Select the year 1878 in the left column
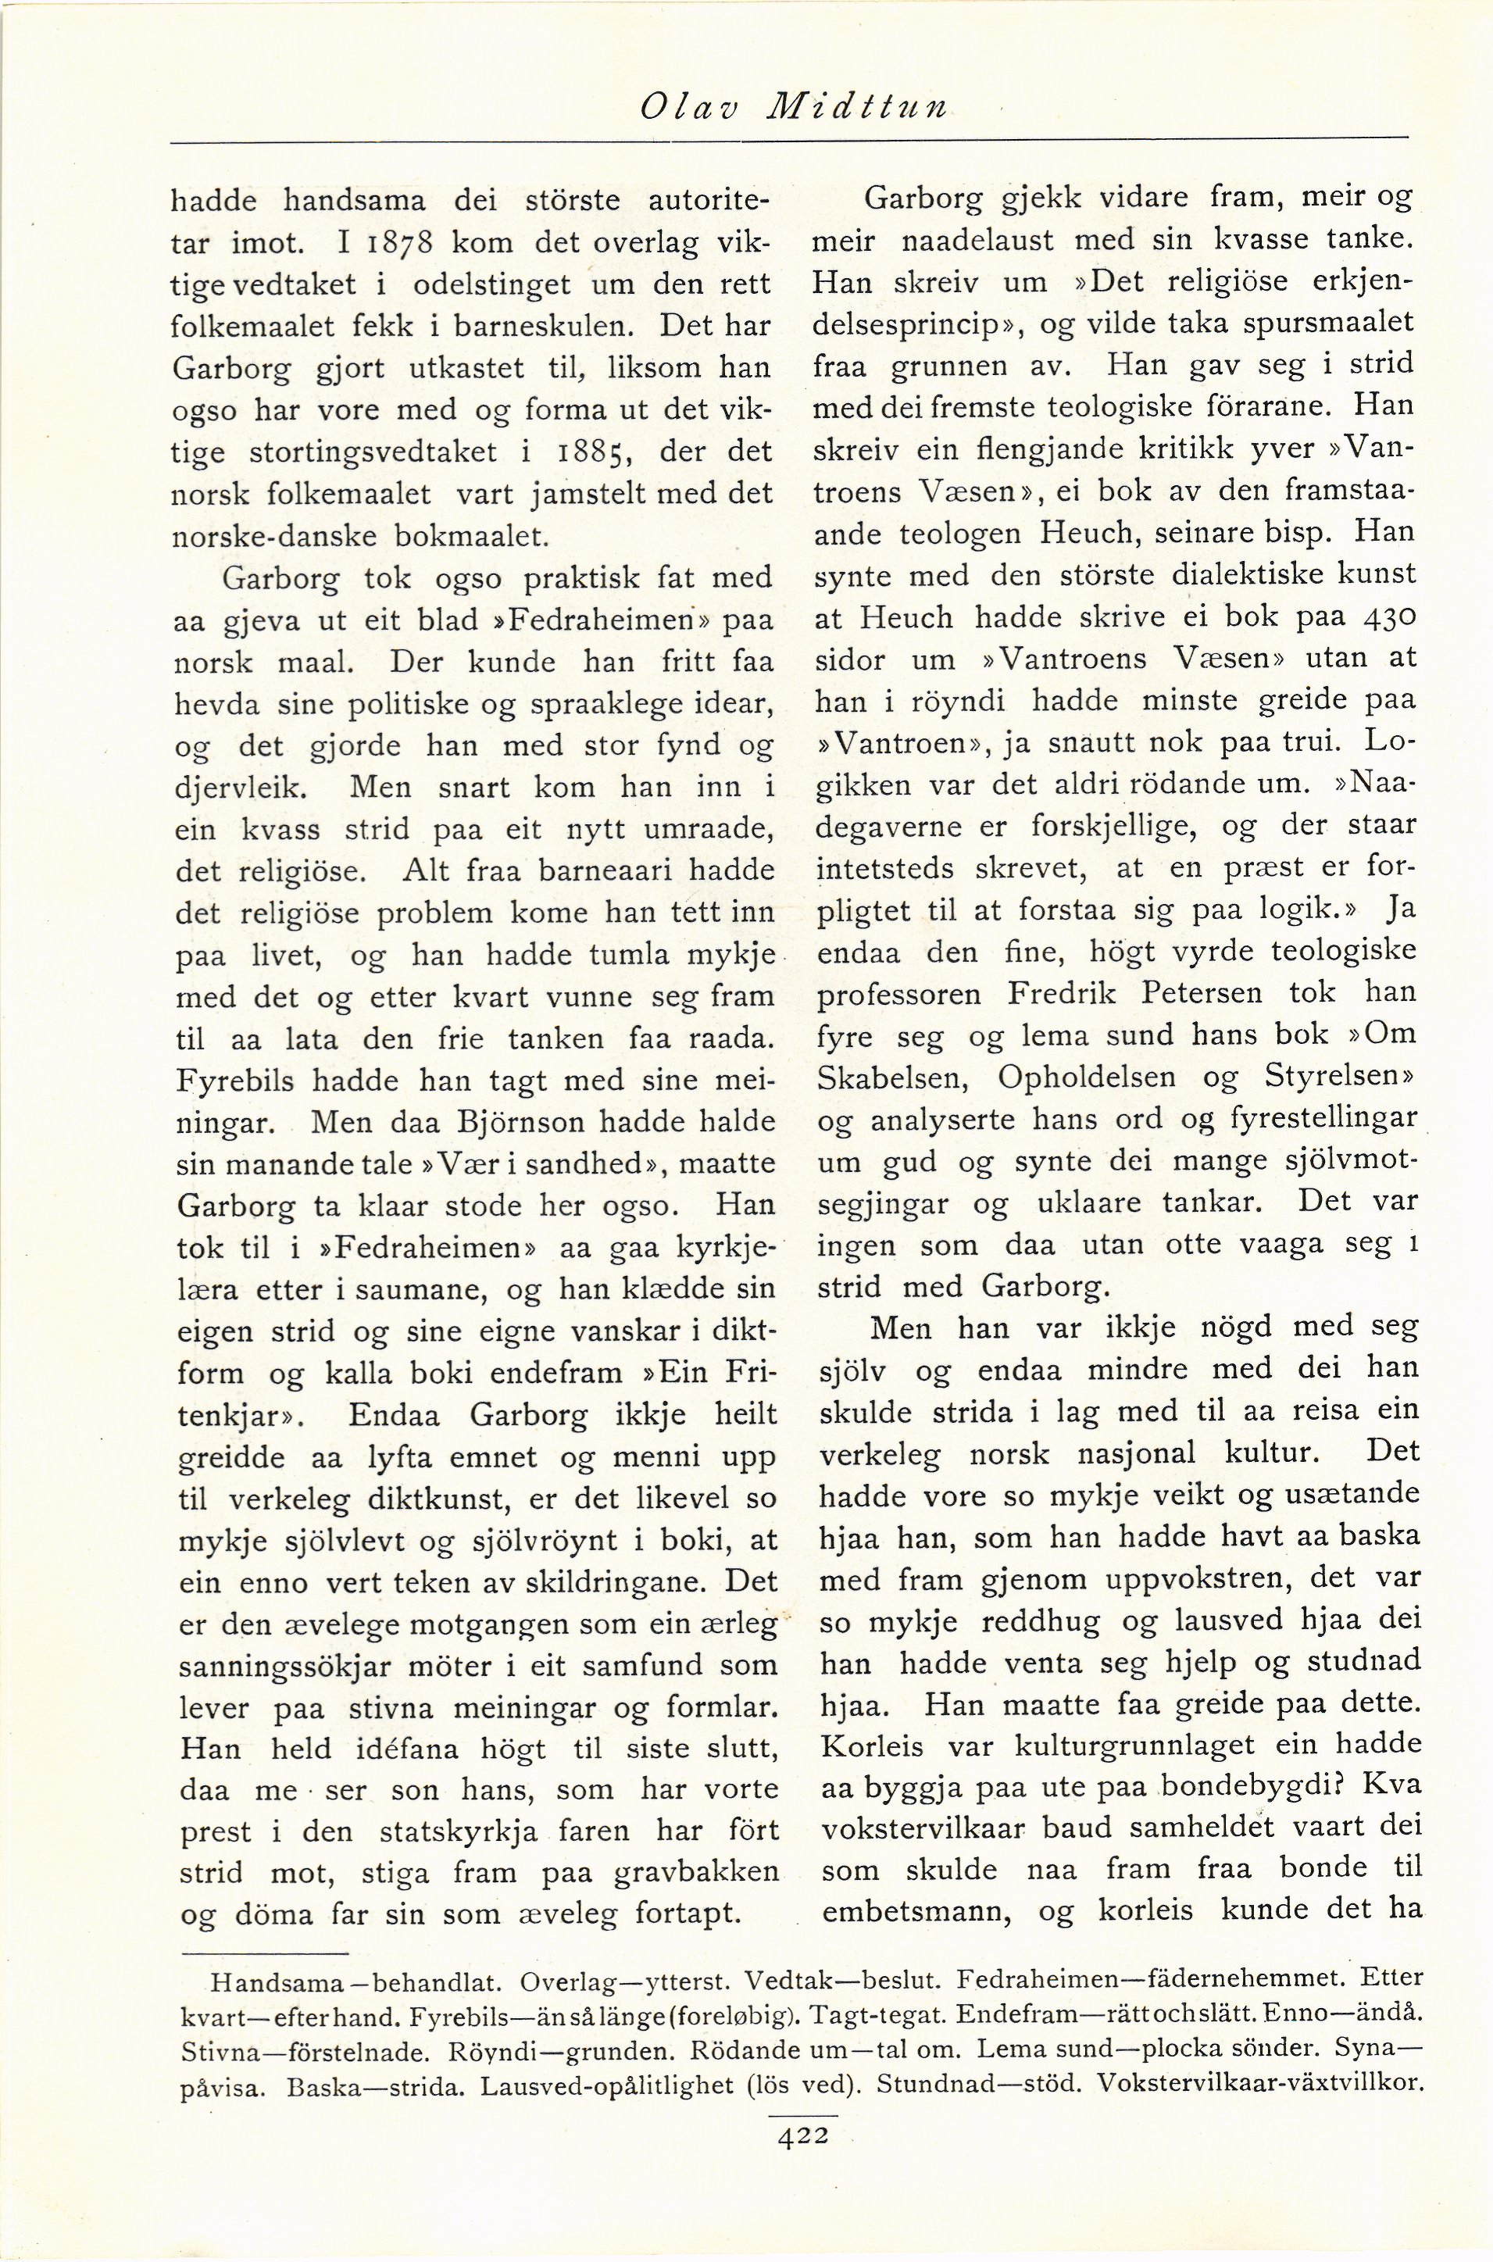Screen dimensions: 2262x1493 tap(393, 243)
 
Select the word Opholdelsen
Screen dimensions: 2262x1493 tap(1101, 1077)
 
